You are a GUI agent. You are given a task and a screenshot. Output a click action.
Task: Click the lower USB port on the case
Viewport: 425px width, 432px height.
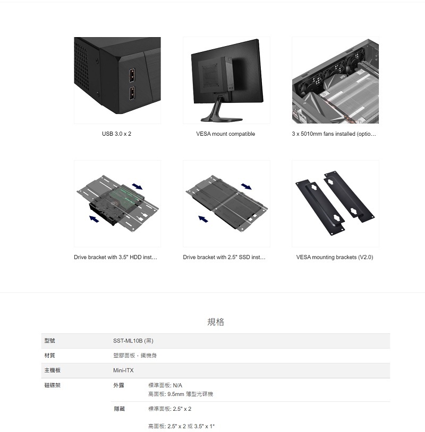tap(131, 94)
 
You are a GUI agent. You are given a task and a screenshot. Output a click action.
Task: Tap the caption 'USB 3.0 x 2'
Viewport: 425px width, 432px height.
tap(116, 134)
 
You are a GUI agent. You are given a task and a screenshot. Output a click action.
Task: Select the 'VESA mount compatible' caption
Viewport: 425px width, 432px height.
tap(225, 134)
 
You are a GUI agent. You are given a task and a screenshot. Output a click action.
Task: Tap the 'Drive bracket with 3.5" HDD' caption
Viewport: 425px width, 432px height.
tap(115, 258)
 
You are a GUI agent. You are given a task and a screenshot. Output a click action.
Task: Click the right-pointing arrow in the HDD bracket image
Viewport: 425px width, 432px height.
tap(137, 186)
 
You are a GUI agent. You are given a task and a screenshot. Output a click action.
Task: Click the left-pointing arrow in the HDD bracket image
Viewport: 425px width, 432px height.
tap(95, 218)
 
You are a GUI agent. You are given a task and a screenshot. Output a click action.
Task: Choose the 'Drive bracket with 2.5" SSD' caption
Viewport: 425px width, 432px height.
tap(224, 258)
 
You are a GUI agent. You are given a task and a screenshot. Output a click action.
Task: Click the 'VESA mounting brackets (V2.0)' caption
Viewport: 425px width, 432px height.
tap(335, 258)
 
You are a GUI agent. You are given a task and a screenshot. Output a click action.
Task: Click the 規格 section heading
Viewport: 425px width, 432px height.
tap(216, 322)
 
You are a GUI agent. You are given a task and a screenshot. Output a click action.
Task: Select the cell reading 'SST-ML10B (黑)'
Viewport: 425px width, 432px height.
tap(133, 341)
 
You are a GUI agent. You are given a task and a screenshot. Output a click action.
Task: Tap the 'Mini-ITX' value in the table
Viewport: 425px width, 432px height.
tap(123, 371)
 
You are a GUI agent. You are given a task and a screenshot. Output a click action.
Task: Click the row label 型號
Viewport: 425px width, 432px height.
tap(49, 341)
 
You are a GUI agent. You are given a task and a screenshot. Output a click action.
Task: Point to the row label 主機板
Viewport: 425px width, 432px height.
tap(52, 371)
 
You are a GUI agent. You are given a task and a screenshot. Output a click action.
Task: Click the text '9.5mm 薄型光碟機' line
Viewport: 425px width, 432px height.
tap(181, 394)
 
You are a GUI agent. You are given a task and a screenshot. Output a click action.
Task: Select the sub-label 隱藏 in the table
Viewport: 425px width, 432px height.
tap(119, 409)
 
